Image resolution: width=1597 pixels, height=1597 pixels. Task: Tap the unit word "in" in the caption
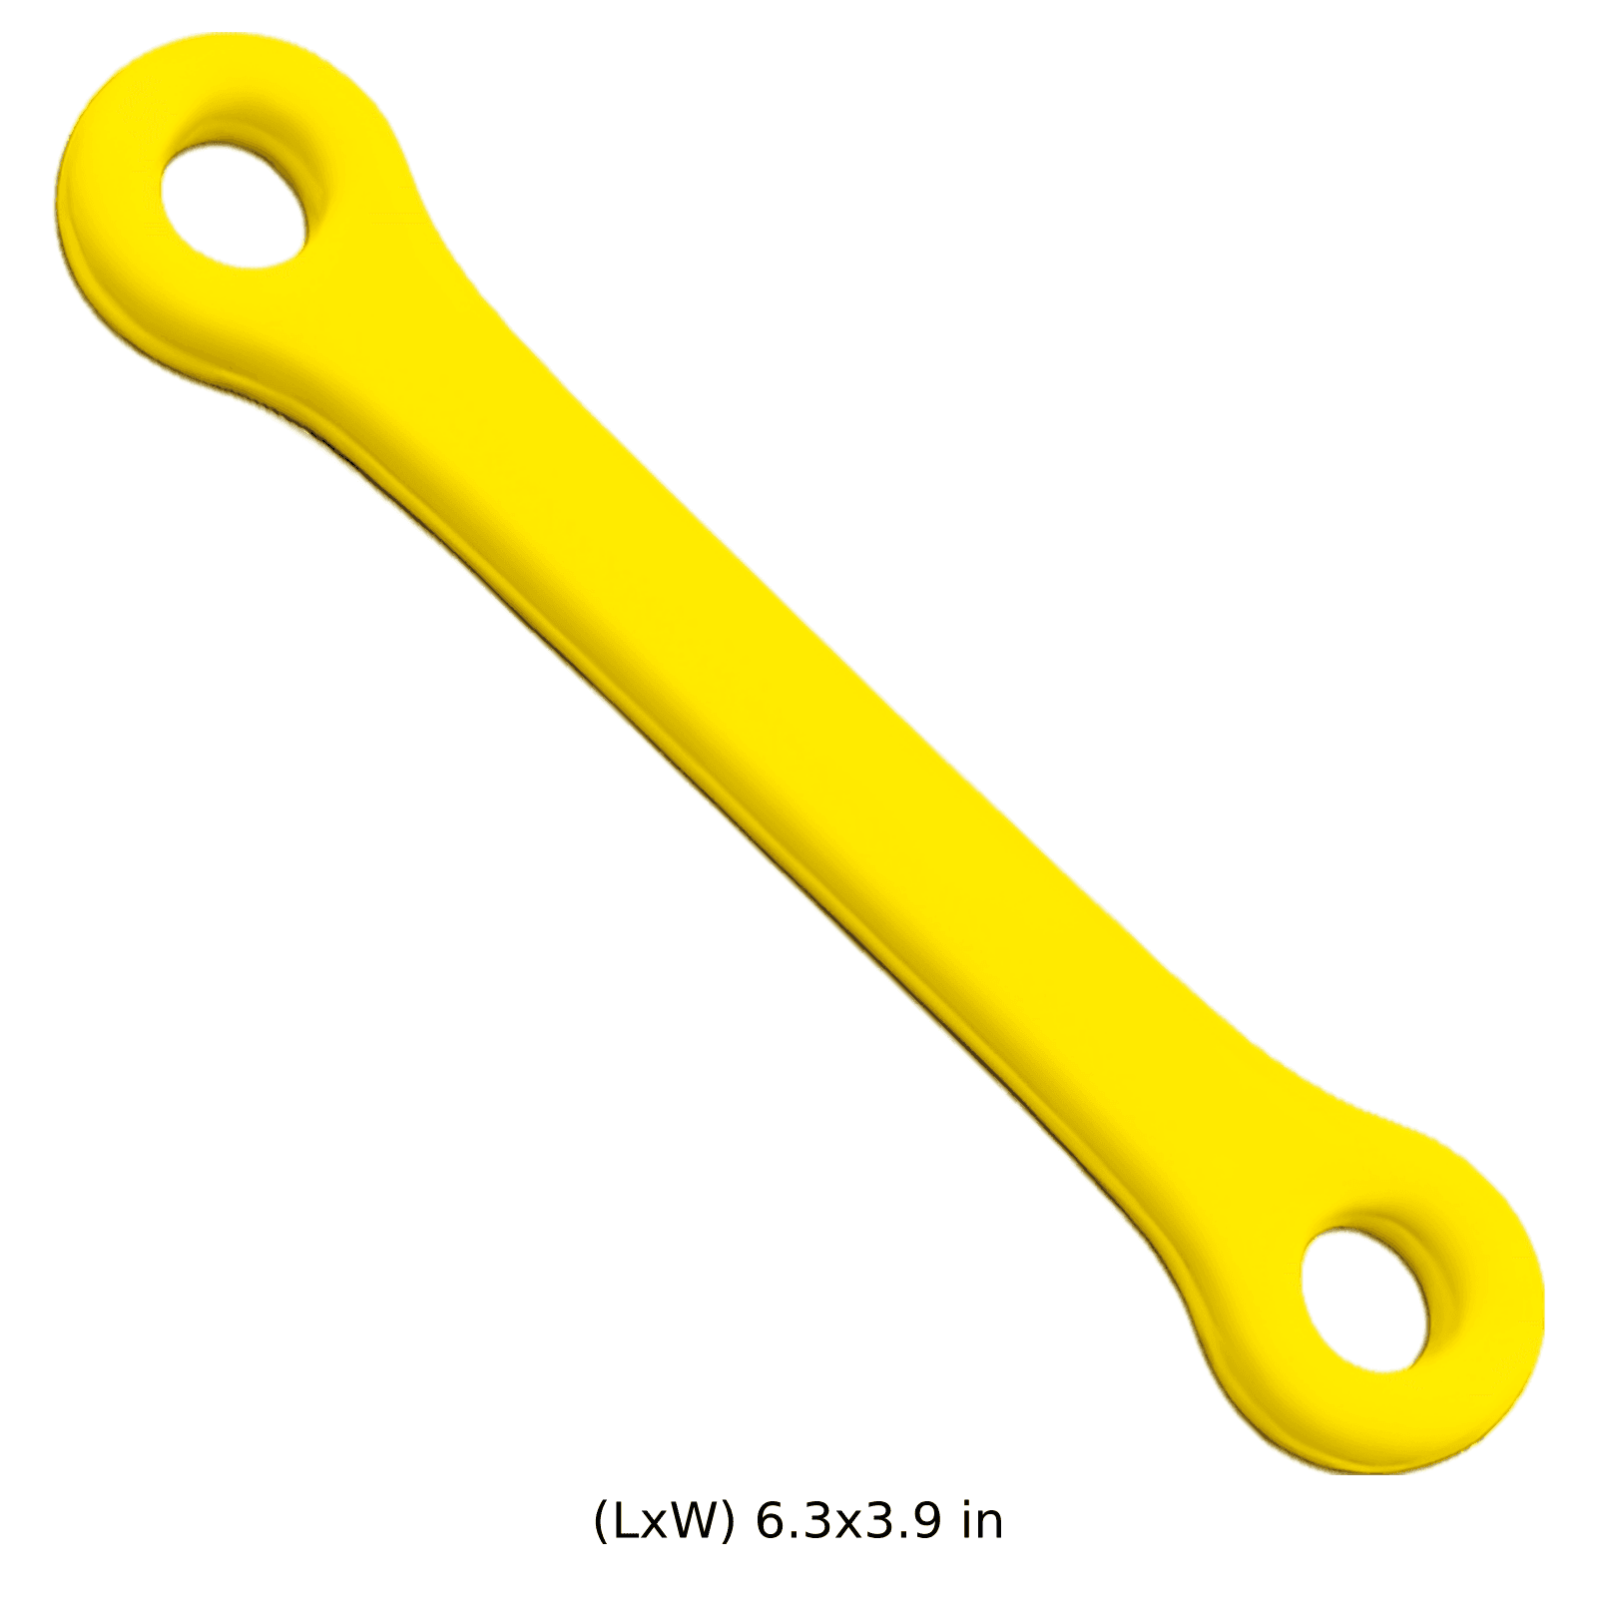tap(983, 1521)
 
